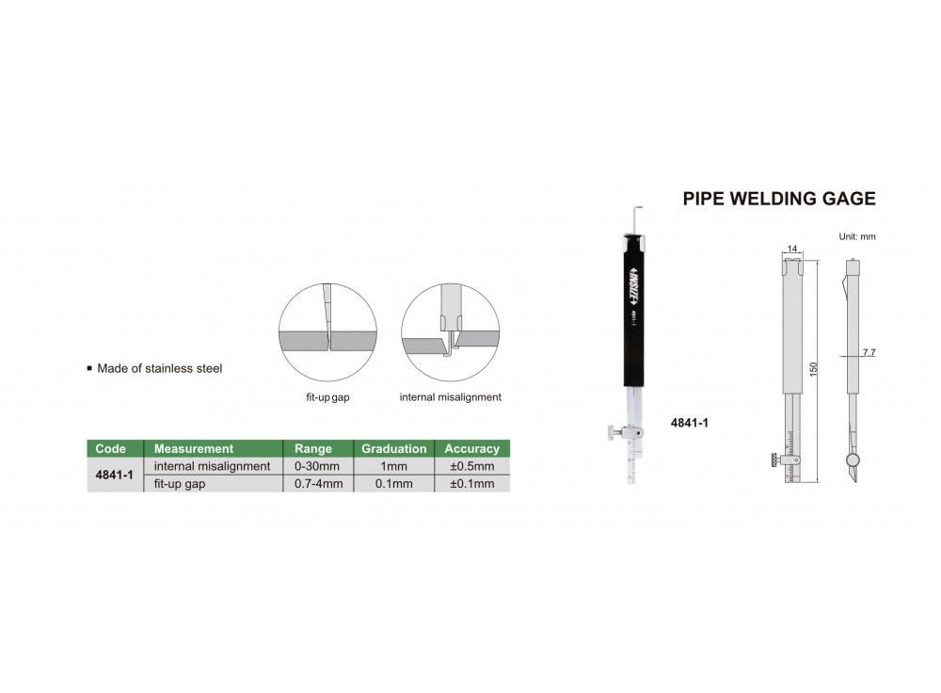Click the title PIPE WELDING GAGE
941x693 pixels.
coord(779,199)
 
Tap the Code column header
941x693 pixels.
coord(110,448)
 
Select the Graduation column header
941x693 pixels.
coord(393,448)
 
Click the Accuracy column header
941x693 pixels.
coord(471,448)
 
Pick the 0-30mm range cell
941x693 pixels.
coord(317,466)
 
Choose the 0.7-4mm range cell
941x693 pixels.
coord(319,483)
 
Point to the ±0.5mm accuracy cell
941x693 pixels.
coord(472,466)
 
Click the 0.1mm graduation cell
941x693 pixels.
coord(393,483)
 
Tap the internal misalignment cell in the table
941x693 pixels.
coord(212,466)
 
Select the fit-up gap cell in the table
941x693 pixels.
coord(180,484)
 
